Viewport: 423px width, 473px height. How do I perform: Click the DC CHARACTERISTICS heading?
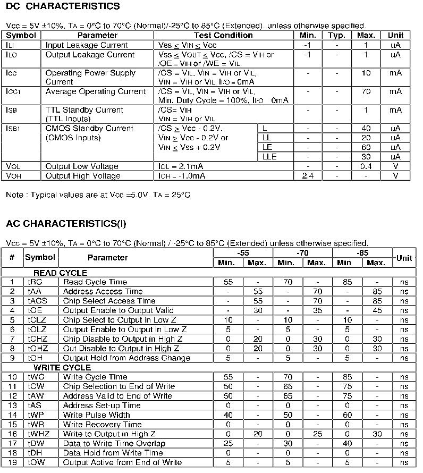coord(63,6)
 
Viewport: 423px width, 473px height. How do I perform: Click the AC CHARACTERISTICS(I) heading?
coord(66,224)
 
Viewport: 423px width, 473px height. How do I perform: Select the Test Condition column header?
coord(223,35)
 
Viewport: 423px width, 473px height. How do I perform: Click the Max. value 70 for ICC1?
coord(366,91)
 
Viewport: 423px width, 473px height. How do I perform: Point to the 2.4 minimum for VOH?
coord(308,176)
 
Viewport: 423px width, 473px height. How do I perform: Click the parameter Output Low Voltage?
coord(83,166)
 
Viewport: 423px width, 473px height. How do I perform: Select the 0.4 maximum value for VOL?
coord(366,166)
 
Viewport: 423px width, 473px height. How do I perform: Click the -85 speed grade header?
coord(362,253)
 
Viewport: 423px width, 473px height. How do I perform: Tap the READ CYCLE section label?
coord(61,273)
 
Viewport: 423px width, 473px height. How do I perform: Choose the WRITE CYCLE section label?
coord(62,368)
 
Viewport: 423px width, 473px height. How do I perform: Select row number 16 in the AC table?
coord(12,434)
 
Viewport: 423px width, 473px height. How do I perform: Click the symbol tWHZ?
coord(40,434)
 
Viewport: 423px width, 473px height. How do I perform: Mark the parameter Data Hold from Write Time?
coord(113,453)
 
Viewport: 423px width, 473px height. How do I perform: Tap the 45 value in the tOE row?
coord(377,310)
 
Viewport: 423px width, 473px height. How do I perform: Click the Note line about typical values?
coord(98,195)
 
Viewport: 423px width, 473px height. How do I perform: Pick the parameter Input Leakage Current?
coord(87,45)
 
